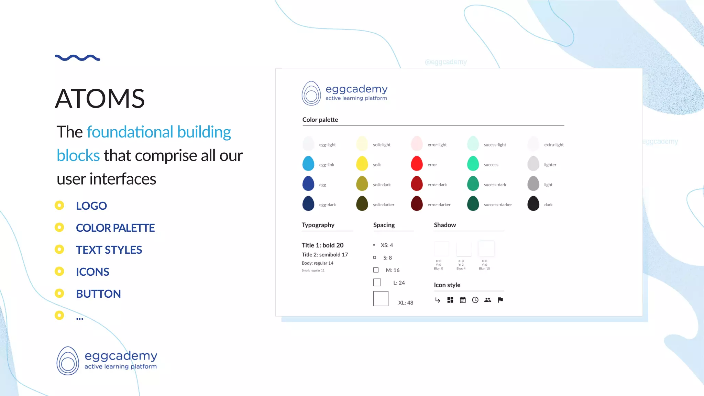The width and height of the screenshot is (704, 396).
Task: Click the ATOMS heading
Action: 100,99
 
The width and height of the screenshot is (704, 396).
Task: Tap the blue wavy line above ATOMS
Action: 78,58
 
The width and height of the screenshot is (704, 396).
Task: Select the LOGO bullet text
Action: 91,206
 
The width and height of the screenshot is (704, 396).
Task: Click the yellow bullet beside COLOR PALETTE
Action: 59,228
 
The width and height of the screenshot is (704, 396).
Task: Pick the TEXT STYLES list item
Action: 109,250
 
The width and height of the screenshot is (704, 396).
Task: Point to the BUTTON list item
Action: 98,294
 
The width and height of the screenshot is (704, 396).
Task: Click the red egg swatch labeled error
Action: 417,164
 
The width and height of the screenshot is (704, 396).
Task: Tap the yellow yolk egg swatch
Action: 362,164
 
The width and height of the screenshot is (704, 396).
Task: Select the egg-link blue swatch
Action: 308,164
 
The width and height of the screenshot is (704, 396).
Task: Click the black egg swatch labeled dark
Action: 533,203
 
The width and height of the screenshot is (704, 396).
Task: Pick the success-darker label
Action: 498,205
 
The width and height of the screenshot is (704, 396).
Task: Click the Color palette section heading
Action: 320,120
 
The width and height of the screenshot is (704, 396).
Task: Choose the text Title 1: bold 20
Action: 322,245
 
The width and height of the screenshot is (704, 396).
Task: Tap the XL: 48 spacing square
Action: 381,299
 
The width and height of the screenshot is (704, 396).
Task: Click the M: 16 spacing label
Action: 393,270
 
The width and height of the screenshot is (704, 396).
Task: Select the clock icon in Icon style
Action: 475,300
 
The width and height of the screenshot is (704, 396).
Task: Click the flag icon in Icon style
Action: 500,300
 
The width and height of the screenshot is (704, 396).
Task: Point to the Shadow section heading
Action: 445,225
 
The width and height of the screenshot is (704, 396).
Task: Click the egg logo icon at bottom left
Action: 68,361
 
